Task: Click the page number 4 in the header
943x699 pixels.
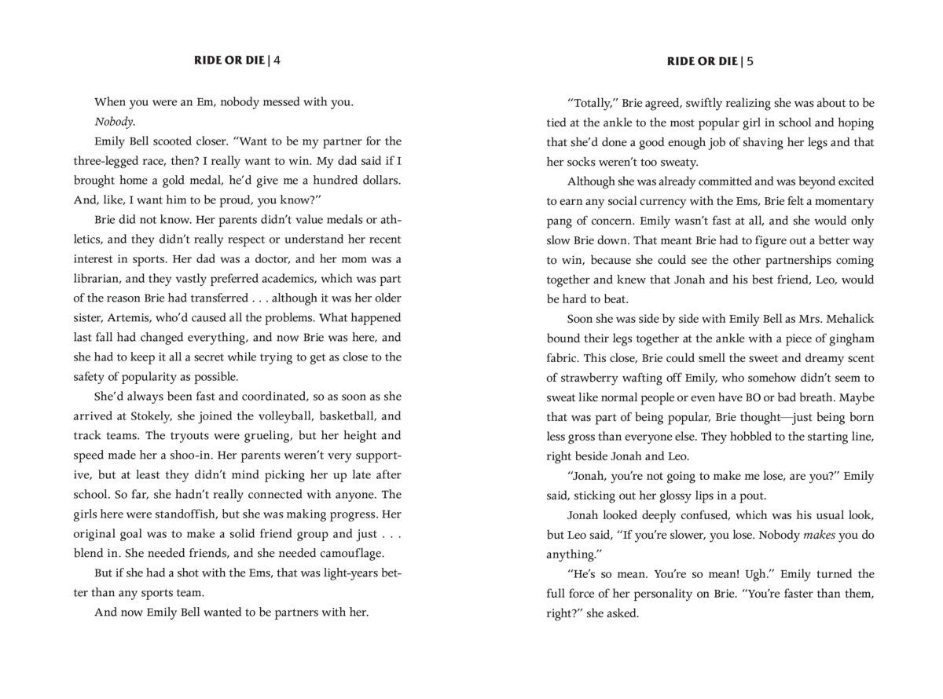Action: [x=277, y=61]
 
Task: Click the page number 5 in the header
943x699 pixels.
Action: [x=750, y=61]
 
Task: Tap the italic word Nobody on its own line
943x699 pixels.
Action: [x=115, y=122]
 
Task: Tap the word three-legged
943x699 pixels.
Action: [x=131, y=161]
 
